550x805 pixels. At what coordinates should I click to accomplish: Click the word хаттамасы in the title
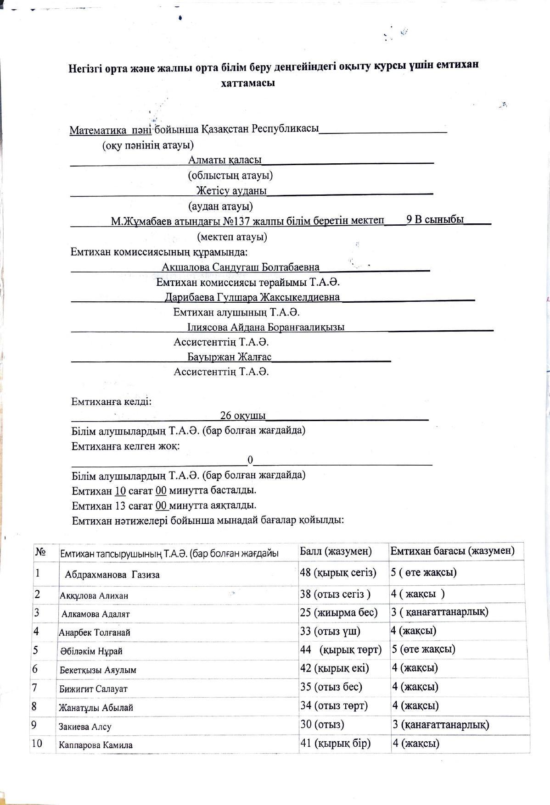248,83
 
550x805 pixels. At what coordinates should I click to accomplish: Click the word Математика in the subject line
98,130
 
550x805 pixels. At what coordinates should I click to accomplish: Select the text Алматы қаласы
224,160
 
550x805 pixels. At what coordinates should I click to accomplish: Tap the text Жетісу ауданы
231,190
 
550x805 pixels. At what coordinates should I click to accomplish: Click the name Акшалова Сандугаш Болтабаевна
240,267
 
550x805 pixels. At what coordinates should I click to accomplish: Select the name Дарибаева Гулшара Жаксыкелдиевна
252,297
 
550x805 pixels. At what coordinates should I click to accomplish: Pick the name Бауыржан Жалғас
229,357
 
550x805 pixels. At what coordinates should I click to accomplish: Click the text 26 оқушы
242,416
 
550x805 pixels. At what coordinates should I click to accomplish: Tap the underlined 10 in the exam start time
120,491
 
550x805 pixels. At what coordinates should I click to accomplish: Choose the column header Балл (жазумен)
336,551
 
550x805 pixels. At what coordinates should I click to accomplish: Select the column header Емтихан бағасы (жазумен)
452,550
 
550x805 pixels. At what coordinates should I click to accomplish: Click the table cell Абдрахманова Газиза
112,575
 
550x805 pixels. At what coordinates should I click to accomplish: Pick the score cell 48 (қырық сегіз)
338,572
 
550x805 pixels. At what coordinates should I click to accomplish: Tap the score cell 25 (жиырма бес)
339,612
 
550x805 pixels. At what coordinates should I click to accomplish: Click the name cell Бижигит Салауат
93,689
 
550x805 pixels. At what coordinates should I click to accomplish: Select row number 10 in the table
37,744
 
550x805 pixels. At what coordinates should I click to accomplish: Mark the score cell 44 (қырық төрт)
341,650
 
